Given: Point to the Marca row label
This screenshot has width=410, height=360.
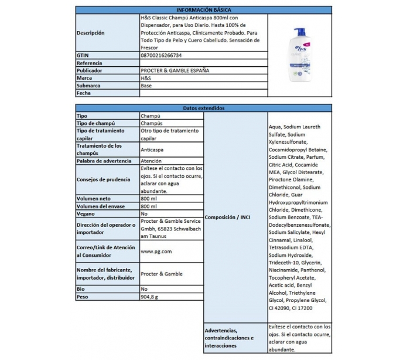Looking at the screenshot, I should [x=85, y=78].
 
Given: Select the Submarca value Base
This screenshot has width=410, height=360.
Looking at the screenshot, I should [x=147, y=86].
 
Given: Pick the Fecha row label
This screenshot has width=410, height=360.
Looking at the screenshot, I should [x=84, y=93].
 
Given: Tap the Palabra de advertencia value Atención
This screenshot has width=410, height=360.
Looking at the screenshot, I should [x=152, y=160].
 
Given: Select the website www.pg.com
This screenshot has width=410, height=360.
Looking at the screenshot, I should [x=156, y=252].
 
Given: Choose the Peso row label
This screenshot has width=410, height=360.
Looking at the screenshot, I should [x=84, y=297].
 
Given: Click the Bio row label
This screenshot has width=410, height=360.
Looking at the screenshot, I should [x=81, y=289].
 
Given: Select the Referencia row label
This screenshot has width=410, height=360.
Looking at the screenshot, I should [x=90, y=63].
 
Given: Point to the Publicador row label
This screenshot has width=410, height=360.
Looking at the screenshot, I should [x=90, y=70].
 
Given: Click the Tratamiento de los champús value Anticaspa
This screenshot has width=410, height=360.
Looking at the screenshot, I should [x=154, y=150].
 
